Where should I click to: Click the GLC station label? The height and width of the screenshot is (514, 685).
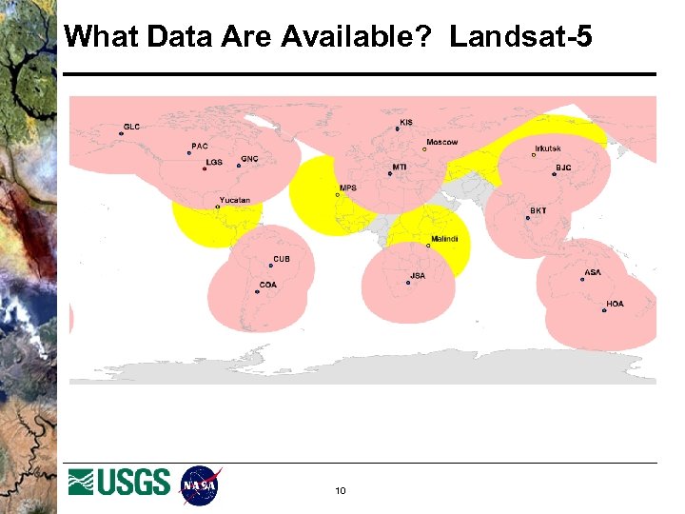[131, 127]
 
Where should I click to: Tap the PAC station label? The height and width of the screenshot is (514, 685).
[200, 146]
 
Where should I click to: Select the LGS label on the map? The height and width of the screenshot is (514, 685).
[214, 162]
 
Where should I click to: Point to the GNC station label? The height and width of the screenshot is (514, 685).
[249, 159]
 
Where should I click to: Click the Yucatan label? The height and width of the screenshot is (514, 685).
[235, 200]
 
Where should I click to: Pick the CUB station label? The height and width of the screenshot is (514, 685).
[282, 259]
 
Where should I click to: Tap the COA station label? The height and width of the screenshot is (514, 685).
[268, 284]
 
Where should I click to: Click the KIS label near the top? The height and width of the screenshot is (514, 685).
[406, 122]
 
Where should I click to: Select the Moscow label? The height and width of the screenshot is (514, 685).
[441, 143]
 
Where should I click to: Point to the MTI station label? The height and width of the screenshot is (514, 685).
[400, 167]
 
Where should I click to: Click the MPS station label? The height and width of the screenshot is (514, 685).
[348, 188]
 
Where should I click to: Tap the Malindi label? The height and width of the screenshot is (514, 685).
[444, 239]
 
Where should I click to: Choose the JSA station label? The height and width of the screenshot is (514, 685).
[418, 276]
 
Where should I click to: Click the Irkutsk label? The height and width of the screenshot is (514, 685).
[548, 148]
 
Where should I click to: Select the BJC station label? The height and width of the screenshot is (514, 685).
[564, 168]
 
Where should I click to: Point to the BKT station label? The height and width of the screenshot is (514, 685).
[538, 210]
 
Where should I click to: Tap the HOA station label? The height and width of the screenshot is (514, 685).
[616, 304]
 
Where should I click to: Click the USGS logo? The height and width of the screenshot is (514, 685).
[120, 483]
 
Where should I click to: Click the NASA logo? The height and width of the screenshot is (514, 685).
[200, 484]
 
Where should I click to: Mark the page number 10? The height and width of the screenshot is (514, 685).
[341, 491]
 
